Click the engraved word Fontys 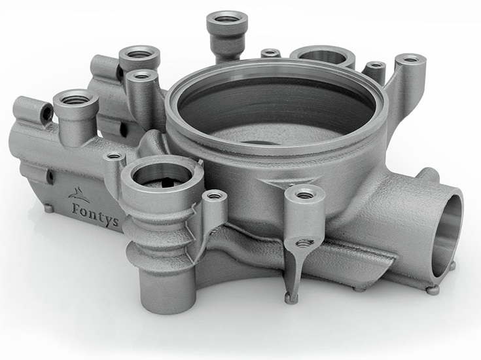(95, 213)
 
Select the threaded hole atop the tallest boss (226, 18)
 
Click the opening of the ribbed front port (162, 177)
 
